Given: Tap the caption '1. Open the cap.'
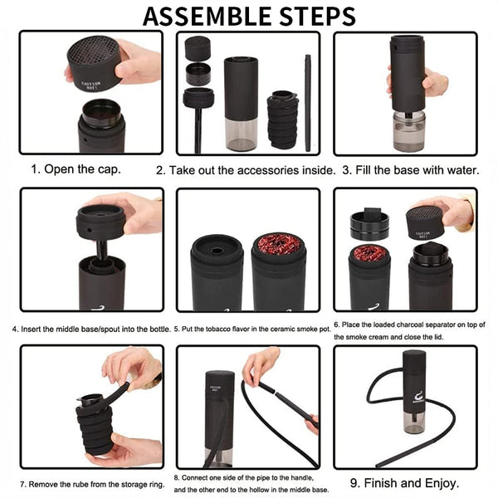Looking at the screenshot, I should (x=76, y=169).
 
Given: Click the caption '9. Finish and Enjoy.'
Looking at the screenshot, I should (x=405, y=482).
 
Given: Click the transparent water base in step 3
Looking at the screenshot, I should (x=408, y=131).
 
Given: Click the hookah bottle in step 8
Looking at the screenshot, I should (x=219, y=415).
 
